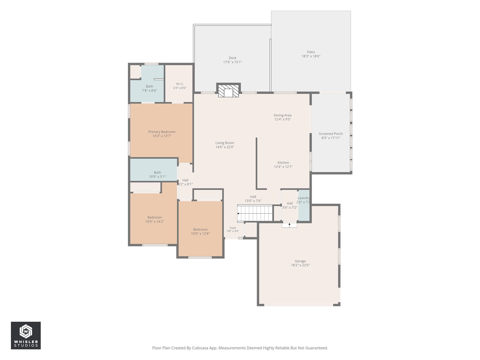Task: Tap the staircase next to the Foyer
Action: (255, 213)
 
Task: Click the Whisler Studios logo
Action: (26, 335)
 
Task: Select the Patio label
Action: (311, 52)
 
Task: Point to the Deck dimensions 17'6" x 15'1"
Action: (232, 62)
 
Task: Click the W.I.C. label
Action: (180, 84)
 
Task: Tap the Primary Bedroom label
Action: (162, 132)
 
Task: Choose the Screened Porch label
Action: (331, 133)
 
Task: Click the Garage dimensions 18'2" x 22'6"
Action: (300, 265)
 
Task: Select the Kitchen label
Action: (283, 162)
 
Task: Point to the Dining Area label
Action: (282, 115)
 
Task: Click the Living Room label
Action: (225, 143)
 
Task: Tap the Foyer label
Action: (233, 228)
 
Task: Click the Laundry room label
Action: (304, 198)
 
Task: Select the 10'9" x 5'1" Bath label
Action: (157, 174)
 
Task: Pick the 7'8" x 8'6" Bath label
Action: (150, 88)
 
